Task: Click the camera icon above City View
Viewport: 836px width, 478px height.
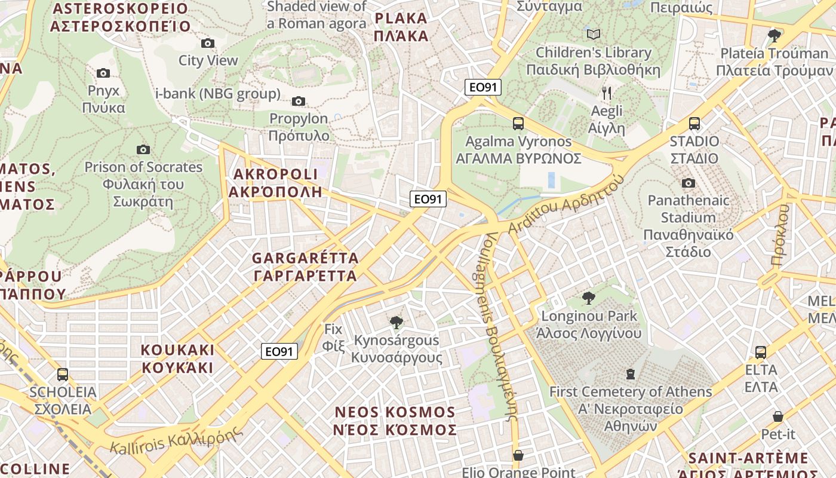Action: pos(208,43)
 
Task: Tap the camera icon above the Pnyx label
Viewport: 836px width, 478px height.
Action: pos(103,73)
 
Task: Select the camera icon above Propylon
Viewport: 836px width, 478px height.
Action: pos(299,101)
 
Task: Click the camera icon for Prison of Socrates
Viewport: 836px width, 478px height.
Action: pos(143,149)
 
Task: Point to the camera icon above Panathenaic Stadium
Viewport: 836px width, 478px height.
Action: pos(689,183)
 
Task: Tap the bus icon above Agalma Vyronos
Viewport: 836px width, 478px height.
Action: pos(518,124)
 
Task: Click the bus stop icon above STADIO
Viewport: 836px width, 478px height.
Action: pos(694,124)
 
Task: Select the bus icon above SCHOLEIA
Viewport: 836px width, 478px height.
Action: pos(63,375)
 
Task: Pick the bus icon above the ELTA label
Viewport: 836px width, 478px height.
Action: pos(761,352)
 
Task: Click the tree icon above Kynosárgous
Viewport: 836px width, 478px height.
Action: pos(396,323)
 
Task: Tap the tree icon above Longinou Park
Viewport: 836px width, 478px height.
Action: pos(589,298)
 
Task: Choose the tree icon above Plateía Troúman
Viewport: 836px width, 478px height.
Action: pos(774,35)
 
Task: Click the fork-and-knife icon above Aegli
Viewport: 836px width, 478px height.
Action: pos(607,93)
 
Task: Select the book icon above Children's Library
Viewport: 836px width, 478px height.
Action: pos(594,34)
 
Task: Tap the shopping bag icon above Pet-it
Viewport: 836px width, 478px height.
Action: pos(778,416)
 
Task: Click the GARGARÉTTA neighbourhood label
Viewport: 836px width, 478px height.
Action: pos(305,266)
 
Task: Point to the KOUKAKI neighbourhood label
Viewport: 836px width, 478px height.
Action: pos(177,358)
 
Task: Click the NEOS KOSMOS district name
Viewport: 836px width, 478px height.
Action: pos(395,421)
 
